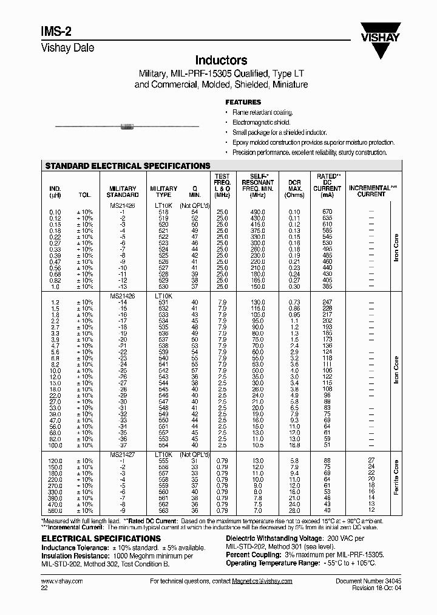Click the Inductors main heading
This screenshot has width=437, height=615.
(x=220, y=60)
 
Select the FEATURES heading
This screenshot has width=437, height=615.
(x=243, y=103)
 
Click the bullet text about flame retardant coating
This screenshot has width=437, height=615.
(x=262, y=112)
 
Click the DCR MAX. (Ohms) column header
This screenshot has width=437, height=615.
(x=294, y=188)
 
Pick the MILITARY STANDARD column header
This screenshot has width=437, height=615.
(x=123, y=191)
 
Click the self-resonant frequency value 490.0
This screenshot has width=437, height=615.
(x=258, y=211)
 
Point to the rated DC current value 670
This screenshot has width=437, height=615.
(x=327, y=211)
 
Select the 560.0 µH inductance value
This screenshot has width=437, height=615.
(x=55, y=510)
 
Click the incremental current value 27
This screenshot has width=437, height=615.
(x=371, y=461)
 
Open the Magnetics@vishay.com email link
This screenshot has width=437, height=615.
(x=262, y=581)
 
